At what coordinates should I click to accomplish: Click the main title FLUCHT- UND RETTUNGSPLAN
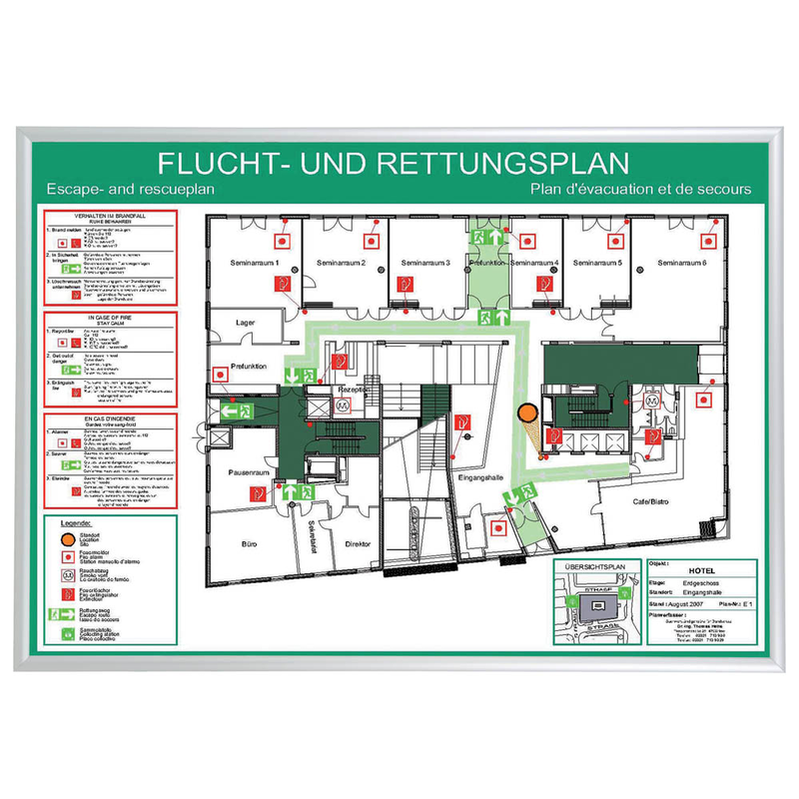click(x=394, y=162)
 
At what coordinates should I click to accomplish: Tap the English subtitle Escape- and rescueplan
click(x=130, y=189)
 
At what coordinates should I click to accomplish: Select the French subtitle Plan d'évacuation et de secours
click(x=641, y=189)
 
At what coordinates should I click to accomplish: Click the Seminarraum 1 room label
click(x=256, y=263)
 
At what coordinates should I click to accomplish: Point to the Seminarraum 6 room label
click(x=682, y=263)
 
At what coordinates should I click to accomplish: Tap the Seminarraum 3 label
click(x=426, y=263)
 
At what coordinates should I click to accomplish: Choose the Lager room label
click(x=247, y=323)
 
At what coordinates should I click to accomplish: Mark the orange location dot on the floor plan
click(x=527, y=412)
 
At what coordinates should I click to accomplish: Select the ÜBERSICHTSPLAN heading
click(x=595, y=566)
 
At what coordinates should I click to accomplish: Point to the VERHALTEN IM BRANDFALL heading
click(x=111, y=216)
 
